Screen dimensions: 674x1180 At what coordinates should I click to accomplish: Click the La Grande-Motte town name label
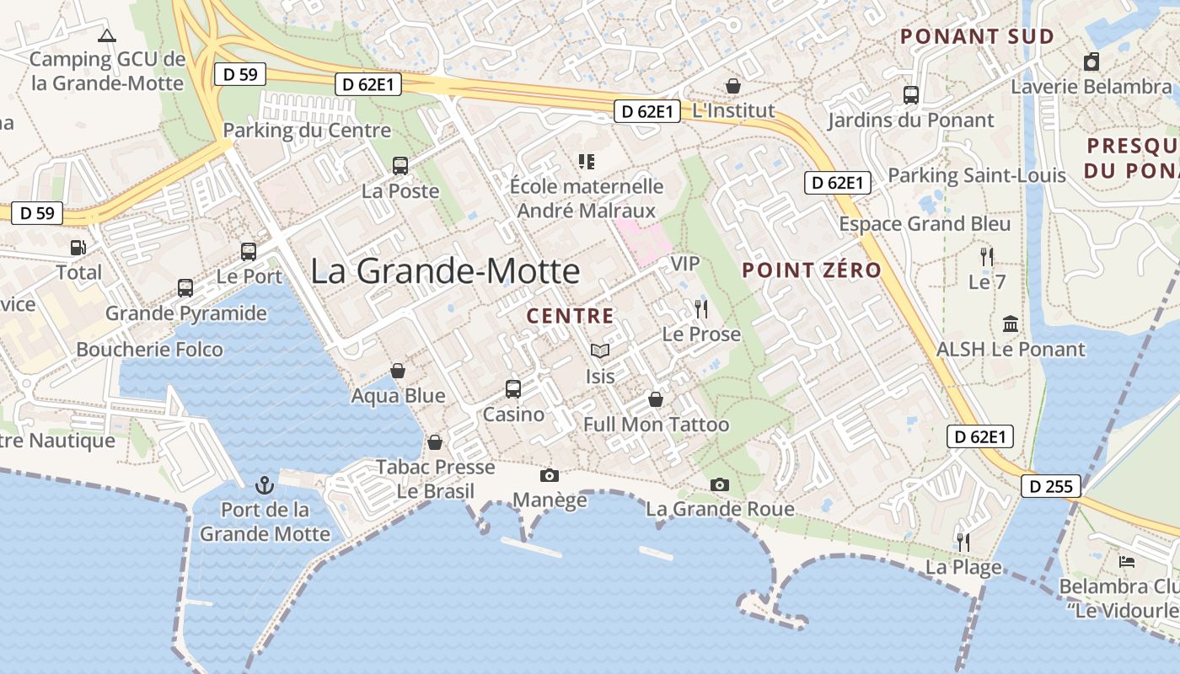[445, 271]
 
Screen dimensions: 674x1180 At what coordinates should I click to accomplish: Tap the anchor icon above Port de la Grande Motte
[265, 484]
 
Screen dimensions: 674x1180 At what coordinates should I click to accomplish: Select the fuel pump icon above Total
[78, 248]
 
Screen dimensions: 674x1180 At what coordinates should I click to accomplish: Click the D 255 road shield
[1051, 486]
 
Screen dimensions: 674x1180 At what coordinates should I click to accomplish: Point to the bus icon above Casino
[513, 389]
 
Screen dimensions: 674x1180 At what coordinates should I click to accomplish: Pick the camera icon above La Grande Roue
[720, 484]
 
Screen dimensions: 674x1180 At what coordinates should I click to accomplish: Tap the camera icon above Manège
[550, 476]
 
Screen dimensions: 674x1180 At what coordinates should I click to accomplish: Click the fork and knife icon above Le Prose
[701, 309]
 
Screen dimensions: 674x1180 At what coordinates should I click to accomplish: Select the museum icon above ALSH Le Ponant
[1011, 324]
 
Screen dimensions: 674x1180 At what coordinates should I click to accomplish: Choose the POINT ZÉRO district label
[812, 270]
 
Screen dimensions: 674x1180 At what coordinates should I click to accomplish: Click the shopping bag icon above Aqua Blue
[398, 371]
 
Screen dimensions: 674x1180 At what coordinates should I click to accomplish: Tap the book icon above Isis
[599, 350]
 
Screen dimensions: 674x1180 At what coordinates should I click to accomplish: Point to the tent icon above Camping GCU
[106, 35]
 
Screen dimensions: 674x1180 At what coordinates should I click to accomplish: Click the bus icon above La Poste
[400, 166]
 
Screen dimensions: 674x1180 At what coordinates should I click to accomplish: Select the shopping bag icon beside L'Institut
[733, 86]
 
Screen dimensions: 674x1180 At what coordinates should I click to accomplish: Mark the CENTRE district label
[570, 316]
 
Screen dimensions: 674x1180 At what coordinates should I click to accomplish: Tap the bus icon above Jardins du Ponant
[911, 95]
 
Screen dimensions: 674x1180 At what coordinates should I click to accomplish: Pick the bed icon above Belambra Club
[1127, 561]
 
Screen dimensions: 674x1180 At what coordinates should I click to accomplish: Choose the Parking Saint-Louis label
[977, 176]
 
